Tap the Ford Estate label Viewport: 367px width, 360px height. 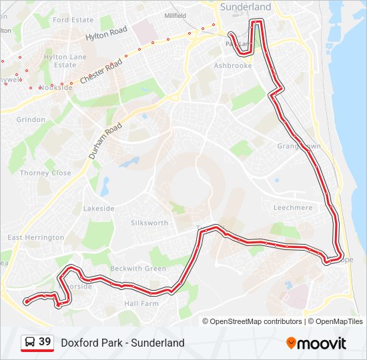tap(73, 20)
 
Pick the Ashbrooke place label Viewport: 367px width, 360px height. tap(233, 66)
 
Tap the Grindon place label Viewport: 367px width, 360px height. tap(31, 120)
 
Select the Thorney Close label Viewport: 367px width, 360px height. tap(45, 173)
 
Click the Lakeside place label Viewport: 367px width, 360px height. tap(99, 209)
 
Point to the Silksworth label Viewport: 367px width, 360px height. tap(150, 223)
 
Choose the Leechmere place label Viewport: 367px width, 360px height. tap(293, 208)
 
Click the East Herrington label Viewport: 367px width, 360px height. tap(35, 237)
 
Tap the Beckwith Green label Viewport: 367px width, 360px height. tap(138, 269)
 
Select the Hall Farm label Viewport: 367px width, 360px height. tap(141, 303)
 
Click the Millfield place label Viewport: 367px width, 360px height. tap(175, 14)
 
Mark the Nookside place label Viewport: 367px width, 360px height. tap(56, 87)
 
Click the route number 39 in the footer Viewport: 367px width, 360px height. tap(45, 342)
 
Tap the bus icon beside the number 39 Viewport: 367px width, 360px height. tap(30, 343)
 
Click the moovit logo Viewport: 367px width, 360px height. tap(316, 343)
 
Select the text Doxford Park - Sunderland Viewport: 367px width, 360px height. tap(122, 343)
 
